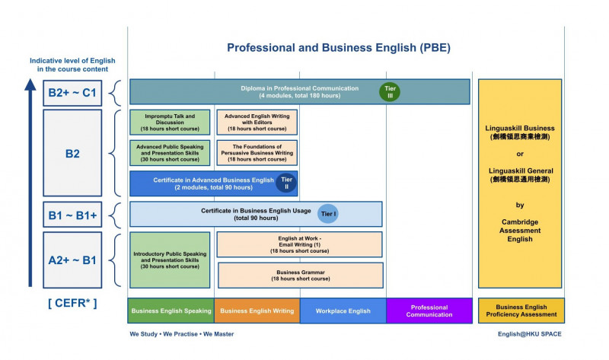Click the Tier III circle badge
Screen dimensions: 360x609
point(390,92)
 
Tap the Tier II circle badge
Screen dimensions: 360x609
point(286,183)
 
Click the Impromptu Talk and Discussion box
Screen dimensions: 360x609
point(169,122)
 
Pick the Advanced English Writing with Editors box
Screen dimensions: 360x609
point(257,122)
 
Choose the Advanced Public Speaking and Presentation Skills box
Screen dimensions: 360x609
point(169,152)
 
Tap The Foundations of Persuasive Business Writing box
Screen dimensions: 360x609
point(257,152)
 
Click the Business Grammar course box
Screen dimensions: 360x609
point(301,275)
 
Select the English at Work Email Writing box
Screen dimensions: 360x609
point(299,244)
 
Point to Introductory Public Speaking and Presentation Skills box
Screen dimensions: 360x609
point(169,260)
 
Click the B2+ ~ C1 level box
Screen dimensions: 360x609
point(72,92)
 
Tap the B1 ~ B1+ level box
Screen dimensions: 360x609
point(72,215)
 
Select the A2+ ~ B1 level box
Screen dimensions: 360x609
point(72,260)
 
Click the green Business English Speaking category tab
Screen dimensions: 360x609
point(171,311)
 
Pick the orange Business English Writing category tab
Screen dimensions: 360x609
point(257,311)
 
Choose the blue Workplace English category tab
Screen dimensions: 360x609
point(343,311)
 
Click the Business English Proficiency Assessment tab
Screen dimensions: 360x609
point(521,311)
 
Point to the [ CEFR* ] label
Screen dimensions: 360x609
point(72,304)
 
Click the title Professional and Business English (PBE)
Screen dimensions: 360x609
point(339,48)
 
